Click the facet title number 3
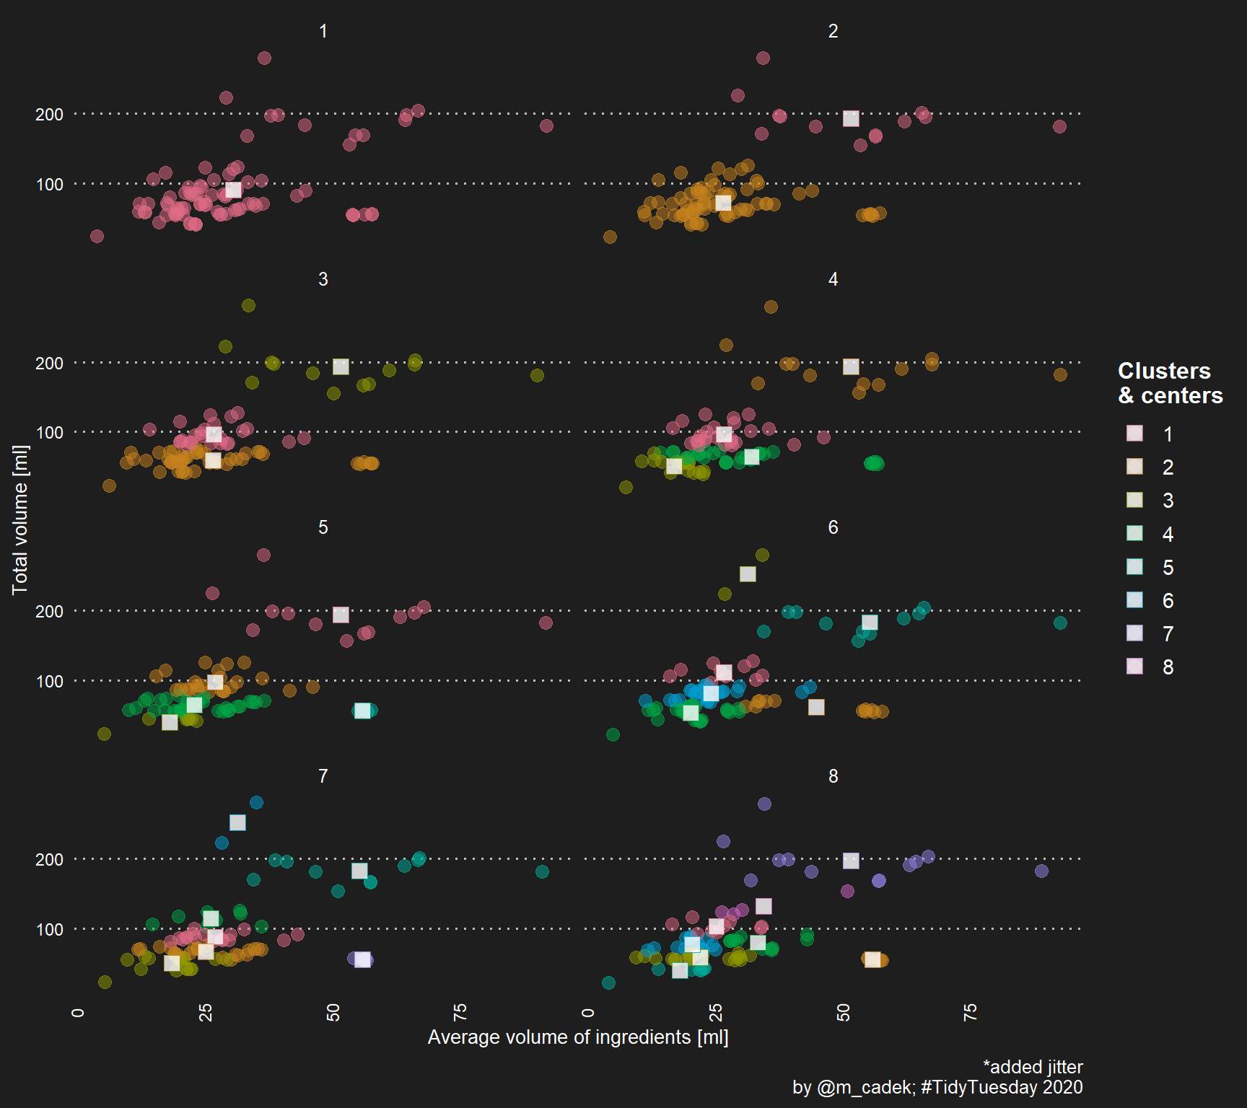323,279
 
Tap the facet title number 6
833,527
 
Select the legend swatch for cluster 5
1134,567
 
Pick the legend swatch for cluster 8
1134,667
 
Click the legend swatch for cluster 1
1134,434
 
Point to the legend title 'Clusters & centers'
1170,383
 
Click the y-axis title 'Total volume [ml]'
20,519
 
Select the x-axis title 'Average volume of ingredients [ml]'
578,1037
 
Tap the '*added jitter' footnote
1033,1067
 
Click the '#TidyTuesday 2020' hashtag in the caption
1002,1087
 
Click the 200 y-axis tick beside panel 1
49,114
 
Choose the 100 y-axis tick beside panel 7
49,929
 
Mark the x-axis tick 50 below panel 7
333,1012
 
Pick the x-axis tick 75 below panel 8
970,1012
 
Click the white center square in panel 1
233,190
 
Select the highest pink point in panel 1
264,58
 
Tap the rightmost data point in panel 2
1059,126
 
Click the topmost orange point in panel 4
771,307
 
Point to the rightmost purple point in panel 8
1041,871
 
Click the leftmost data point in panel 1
97,236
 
